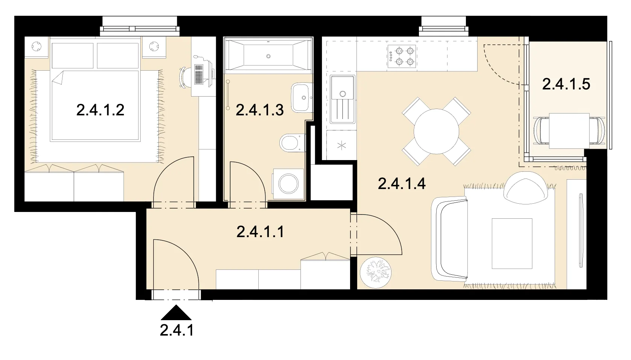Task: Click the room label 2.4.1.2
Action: pyautogui.click(x=100, y=110)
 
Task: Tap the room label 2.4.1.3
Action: pyautogui.click(x=259, y=110)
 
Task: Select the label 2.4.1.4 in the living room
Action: pyautogui.click(x=401, y=184)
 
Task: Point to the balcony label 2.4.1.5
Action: pyautogui.click(x=566, y=84)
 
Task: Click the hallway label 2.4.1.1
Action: pyautogui.click(x=260, y=232)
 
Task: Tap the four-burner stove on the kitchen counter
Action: pyautogui.click(x=402, y=56)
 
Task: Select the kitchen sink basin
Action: pyautogui.click(x=342, y=99)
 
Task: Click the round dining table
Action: pyautogui.click(x=436, y=132)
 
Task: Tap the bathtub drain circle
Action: pyautogui.click(x=268, y=56)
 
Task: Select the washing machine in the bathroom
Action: pyautogui.click(x=288, y=184)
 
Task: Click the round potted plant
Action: pyautogui.click(x=376, y=272)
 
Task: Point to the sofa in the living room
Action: pyautogui.click(x=449, y=239)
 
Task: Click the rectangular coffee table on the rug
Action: pyautogui.click(x=512, y=244)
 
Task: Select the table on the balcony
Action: pyautogui.click(x=569, y=131)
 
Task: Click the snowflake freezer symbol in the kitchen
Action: pyautogui.click(x=341, y=146)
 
